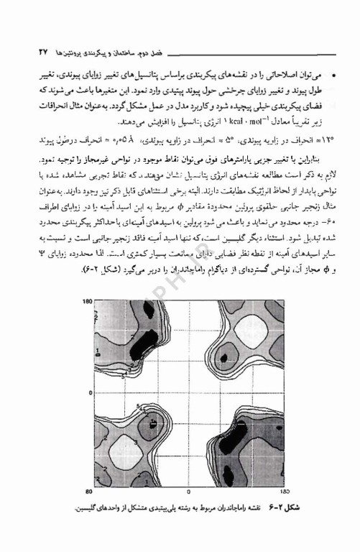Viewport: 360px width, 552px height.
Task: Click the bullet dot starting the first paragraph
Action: (x=318, y=74)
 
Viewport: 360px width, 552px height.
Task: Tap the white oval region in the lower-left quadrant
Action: (x=126, y=444)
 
